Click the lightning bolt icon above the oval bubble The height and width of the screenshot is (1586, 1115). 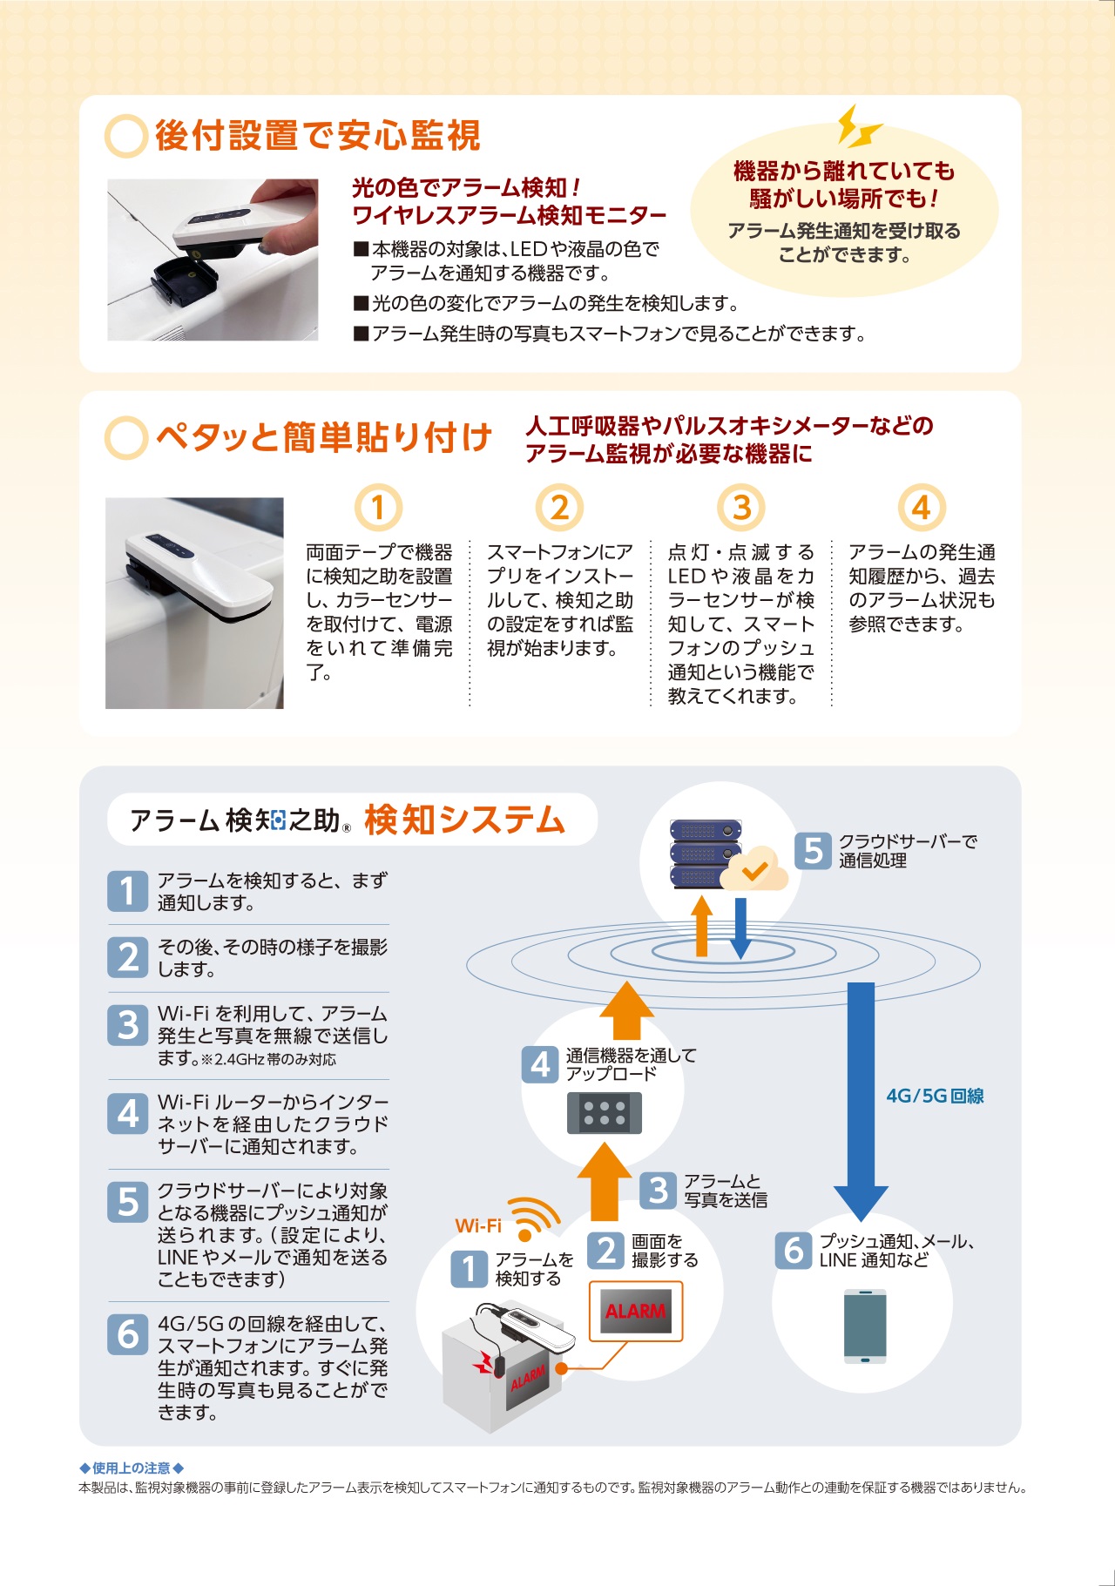tap(859, 126)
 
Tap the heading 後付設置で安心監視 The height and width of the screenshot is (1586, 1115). tap(318, 136)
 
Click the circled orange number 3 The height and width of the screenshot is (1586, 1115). tap(740, 507)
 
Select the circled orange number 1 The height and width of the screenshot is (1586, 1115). tap(378, 507)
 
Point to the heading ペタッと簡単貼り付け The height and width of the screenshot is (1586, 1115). tap(324, 437)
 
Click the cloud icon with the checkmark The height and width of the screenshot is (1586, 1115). tap(753, 867)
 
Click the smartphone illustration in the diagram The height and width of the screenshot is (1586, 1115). tap(865, 1326)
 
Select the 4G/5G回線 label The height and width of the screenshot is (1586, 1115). tap(935, 1096)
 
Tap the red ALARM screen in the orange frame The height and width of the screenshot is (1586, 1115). tap(636, 1311)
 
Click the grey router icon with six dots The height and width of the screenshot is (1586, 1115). tap(605, 1113)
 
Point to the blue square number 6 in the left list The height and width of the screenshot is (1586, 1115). tap(128, 1333)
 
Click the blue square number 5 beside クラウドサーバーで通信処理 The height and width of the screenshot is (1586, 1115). tap(813, 850)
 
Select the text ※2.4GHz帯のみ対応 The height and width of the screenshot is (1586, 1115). tap(268, 1060)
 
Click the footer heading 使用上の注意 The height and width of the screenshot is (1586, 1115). tap(132, 1468)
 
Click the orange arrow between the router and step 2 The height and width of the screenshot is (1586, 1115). tap(604, 1181)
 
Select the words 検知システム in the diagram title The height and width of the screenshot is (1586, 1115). tap(465, 820)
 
